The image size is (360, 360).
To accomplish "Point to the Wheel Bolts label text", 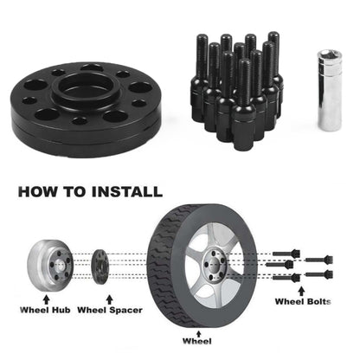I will (x=304, y=302).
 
